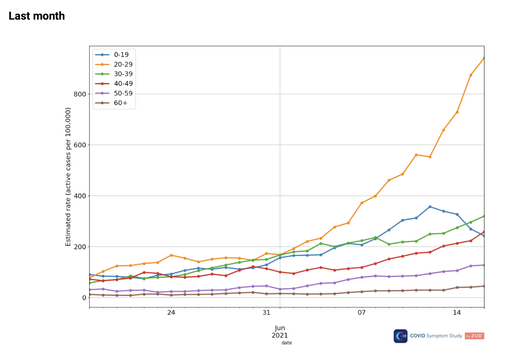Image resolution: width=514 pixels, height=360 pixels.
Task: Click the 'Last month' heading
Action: [x=37, y=16]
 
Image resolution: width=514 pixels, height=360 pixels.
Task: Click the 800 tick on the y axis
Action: [x=80, y=94]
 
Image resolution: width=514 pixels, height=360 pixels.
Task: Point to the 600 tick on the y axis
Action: [x=80, y=145]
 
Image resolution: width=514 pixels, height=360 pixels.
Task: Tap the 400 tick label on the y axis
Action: [x=80, y=196]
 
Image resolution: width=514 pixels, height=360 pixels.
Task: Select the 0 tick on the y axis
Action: [x=84, y=298]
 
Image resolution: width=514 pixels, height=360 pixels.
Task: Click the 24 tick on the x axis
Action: [x=171, y=312]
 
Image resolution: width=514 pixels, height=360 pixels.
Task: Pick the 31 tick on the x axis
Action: [x=266, y=312]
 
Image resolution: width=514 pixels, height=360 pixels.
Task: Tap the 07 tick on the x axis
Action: [x=362, y=312]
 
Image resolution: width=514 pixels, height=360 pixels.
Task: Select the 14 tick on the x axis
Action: [x=457, y=312]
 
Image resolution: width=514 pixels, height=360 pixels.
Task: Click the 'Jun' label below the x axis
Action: [x=280, y=328]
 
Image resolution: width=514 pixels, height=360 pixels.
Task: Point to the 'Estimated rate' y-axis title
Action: [x=68, y=177]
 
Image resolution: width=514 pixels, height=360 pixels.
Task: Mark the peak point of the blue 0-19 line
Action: [x=430, y=207]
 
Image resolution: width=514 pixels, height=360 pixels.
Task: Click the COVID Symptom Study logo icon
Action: [x=401, y=336]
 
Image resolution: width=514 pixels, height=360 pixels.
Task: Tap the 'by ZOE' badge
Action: [x=474, y=336]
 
